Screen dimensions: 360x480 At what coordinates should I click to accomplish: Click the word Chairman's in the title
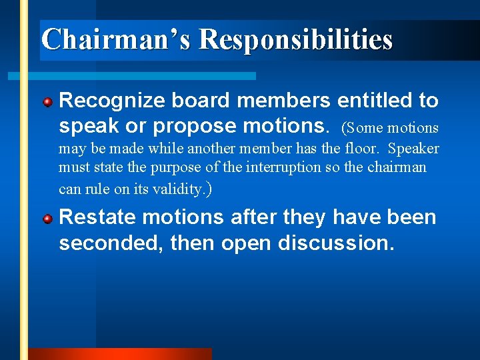(x=116, y=39)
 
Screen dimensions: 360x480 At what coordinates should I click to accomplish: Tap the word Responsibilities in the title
(x=296, y=39)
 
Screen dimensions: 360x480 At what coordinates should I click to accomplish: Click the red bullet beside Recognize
(x=48, y=102)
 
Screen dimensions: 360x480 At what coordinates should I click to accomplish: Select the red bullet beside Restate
(x=48, y=219)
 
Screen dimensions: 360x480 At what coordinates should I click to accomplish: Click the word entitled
(x=373, y=101)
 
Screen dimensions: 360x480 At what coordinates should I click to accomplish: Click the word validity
(x=178, y=189)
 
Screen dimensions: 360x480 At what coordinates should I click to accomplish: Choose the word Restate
(x=97, y=217)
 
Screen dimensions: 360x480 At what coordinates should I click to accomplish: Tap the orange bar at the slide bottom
(x=120, y=354)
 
